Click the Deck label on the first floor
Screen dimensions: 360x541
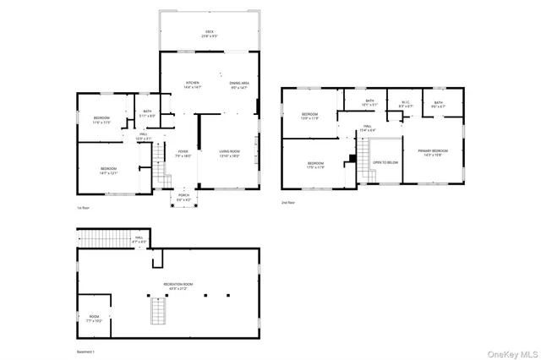coord(210,35)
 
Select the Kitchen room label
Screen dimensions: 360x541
coord(193,85)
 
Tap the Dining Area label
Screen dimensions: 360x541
coord(239,85)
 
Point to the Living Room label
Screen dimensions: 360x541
coord(230,154)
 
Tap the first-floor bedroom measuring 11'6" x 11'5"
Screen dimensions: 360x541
coord(101,120)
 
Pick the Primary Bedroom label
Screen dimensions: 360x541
coord(432,153)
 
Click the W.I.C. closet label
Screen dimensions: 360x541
coord(405,105)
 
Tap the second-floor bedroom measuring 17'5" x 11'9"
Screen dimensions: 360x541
coord(315,164)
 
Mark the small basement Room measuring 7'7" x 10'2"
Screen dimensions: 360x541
coord(93,319)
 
